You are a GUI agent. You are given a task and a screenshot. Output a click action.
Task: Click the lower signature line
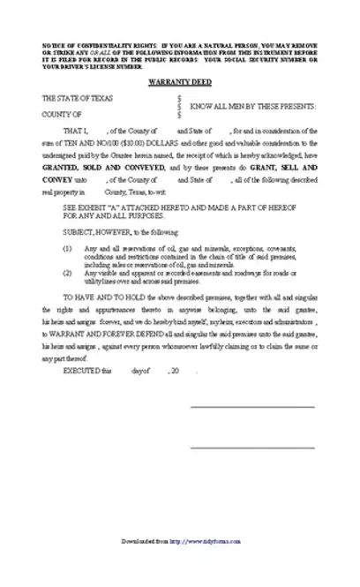click(251, 447)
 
